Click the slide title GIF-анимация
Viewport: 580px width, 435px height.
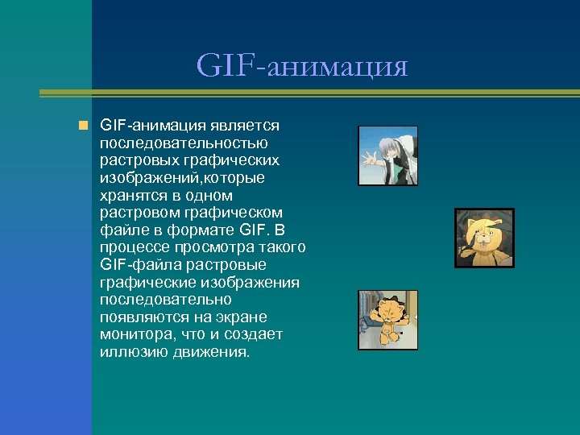pyautogui.click(x=302, y=66)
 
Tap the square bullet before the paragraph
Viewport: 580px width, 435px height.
pyautogui.click(x=82, y=126)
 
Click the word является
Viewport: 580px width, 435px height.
pyautogui.click(x=245, y=126)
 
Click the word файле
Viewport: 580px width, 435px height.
pyautogui.click(x=120, y=230)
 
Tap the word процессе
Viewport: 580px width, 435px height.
pyautogui.click(x=132, y=247)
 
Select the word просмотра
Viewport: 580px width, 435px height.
pyautogui.click(x=208, y=247)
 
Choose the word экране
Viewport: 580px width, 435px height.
pyautogui.click(x=242, y=317)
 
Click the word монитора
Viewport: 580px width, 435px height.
pyautogui.click(x=134, y=333)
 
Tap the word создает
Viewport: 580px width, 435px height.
pyautogui.click(x=251, y=333)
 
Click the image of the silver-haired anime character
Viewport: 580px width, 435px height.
pyautogui.click(x=387, y=155)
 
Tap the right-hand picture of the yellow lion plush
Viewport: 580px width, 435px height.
pyautogui.click(x=484, y=238)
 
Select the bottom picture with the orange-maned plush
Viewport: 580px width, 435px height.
pyautogui.click(x=387, y=320)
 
